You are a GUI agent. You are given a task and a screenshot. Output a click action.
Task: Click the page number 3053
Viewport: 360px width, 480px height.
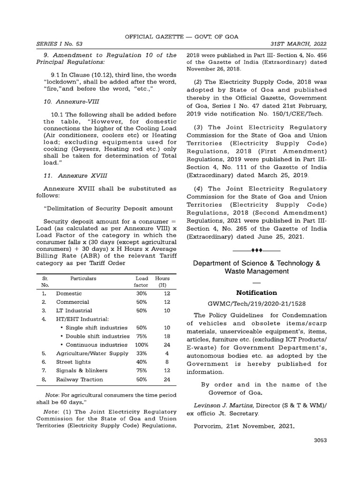[319, 440]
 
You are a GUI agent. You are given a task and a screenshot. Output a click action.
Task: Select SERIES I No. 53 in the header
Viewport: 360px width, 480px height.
[60, 44]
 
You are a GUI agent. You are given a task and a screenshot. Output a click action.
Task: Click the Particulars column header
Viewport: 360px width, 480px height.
[83, 278]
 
